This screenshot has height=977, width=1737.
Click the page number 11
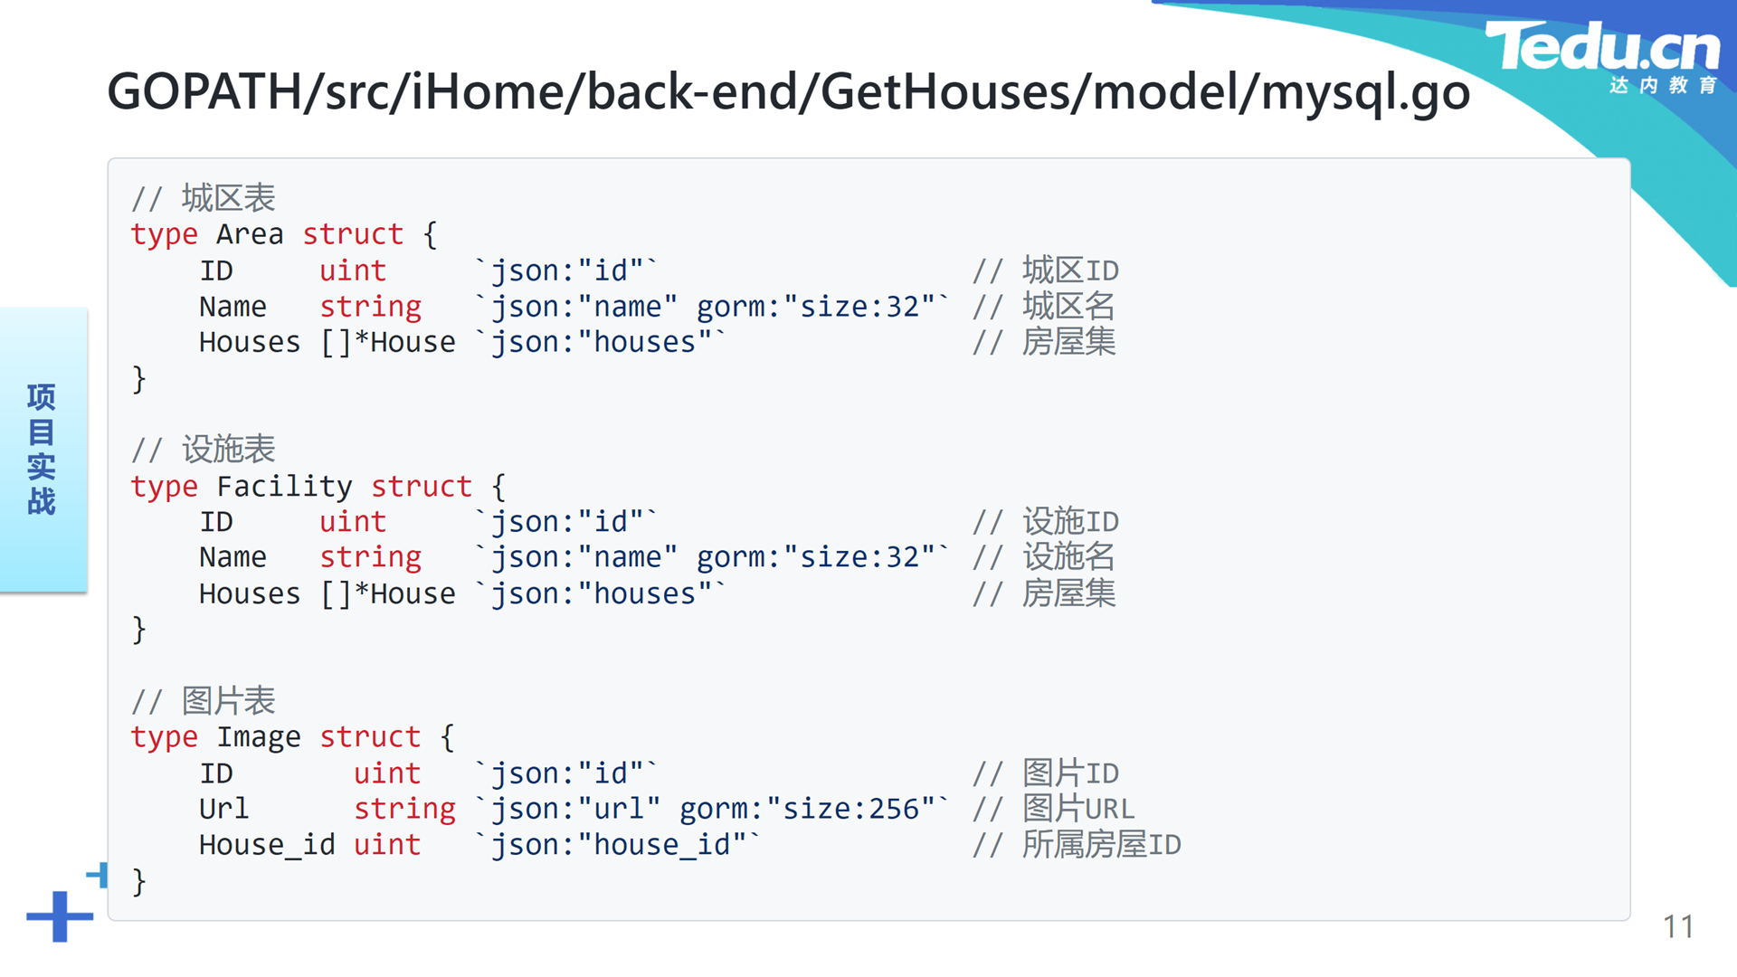1678,926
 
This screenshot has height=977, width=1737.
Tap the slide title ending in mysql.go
788,92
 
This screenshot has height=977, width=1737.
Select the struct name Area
250,234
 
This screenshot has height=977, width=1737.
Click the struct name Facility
284,487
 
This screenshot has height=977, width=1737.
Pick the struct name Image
258,737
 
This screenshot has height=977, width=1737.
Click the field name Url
223,809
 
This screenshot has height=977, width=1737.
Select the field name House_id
267,845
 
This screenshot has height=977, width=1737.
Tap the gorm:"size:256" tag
814,809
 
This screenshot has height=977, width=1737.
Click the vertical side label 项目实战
42,450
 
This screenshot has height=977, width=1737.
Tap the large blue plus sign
60,916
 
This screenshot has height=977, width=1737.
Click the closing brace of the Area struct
138,378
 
